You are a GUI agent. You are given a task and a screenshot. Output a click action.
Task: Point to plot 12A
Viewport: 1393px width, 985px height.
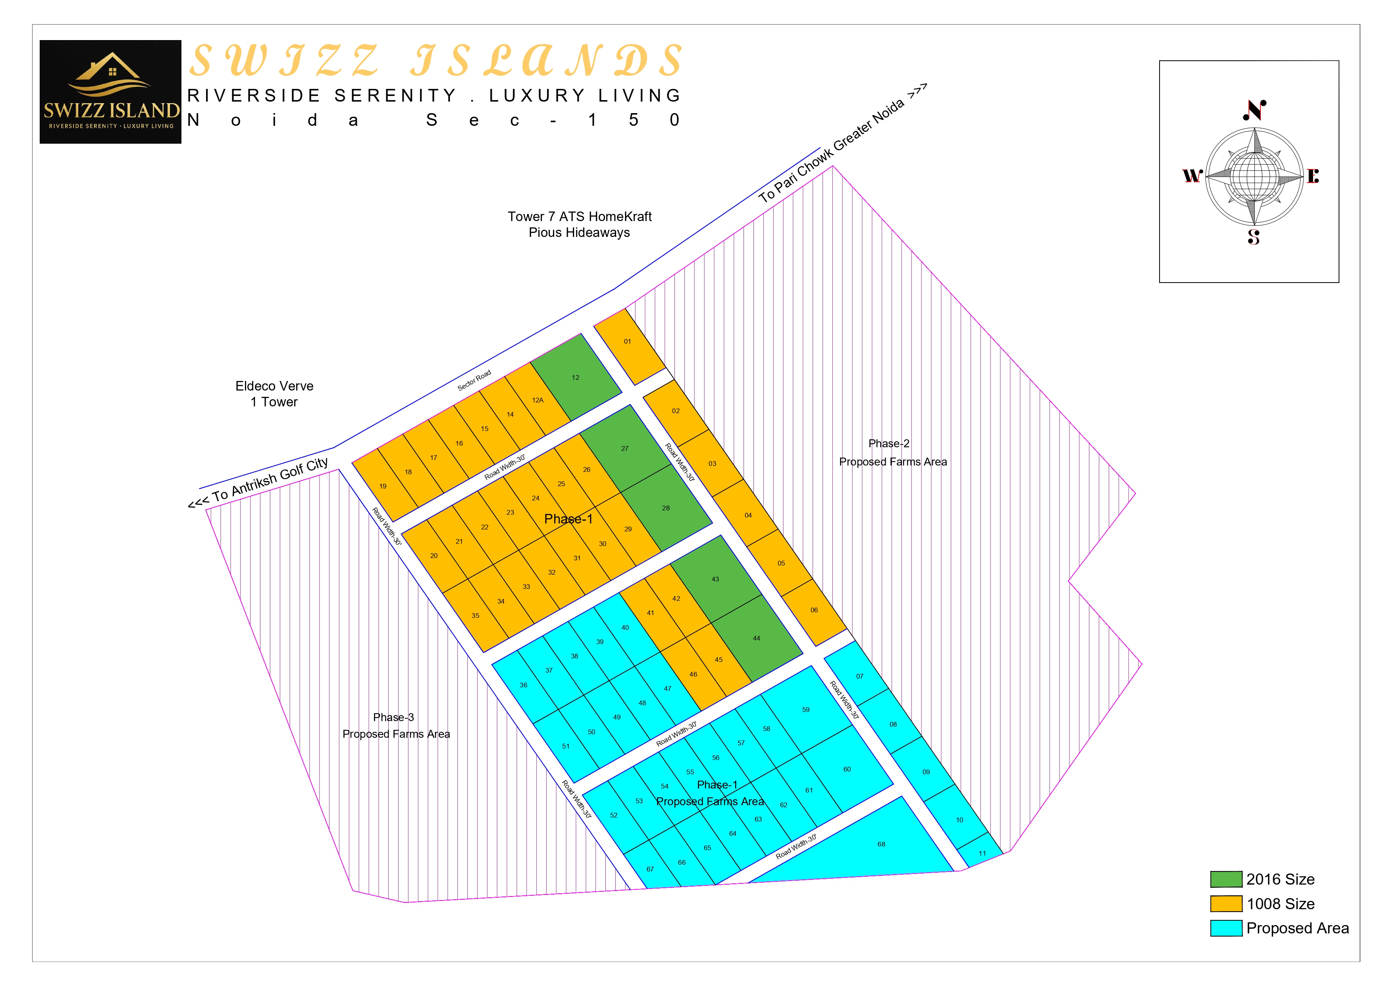click(538, 400)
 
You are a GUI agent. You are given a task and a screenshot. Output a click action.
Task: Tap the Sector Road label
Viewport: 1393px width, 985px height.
click(474, 380)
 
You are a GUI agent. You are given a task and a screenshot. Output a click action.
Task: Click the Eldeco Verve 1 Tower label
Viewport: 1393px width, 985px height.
click(274, 394)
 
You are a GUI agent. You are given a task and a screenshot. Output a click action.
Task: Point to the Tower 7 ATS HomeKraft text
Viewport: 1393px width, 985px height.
click(580, 217)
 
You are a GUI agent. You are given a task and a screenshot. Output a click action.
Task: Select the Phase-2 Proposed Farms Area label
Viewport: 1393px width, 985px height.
click(892, 452)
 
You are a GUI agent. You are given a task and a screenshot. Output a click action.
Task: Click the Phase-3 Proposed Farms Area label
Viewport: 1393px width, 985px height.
click(395, 725)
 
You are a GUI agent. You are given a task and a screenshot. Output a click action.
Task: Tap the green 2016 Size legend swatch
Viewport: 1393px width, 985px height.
click(1225, 879)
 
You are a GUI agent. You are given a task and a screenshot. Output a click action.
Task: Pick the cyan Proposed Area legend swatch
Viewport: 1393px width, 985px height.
click(1225, 928)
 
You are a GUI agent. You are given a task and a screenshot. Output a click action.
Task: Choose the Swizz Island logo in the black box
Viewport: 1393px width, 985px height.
click(110, 92)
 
